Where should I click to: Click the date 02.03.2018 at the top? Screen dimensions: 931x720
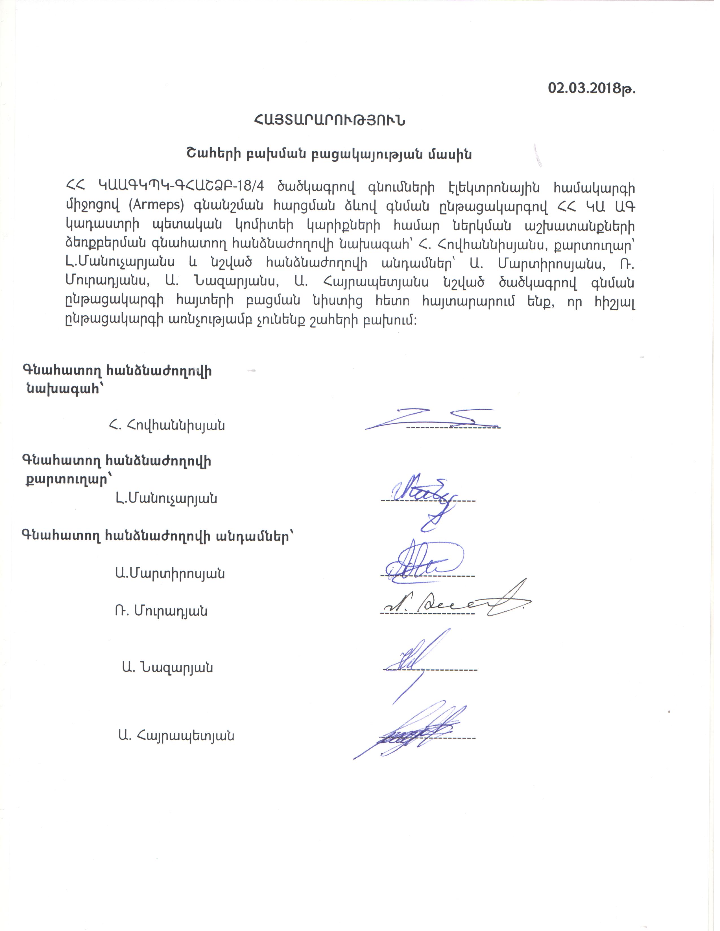point(591,88)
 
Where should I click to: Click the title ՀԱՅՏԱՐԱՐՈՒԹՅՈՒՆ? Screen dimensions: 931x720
point(329,121)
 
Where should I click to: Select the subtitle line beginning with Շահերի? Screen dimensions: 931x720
point(329,154)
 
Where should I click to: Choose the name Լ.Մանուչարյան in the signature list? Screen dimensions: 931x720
point(166,498)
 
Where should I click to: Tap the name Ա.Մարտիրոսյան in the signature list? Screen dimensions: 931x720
point(169,573)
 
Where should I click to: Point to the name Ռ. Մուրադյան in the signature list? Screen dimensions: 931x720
point(161,611)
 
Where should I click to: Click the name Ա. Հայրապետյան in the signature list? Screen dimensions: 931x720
point(176,735)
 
